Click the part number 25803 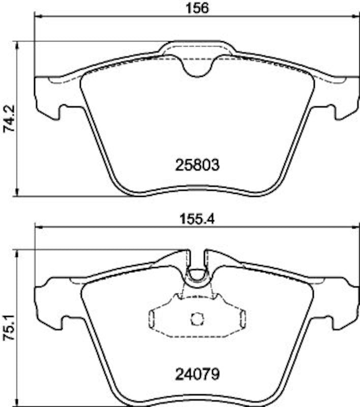click(197, 165)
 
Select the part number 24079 click(197, 374)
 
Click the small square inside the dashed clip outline click(197, 319)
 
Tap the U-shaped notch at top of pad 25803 click(197, 69)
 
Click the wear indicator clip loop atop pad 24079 click(197, 275)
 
